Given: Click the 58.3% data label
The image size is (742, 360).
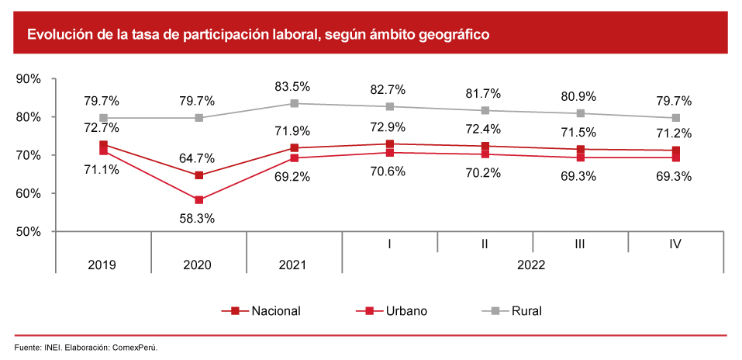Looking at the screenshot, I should [198, 219].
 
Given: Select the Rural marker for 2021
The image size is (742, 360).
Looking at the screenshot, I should [295, 103].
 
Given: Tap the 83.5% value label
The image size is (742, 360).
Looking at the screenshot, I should [295, 86].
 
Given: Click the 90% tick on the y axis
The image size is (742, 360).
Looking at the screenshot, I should [29, 79].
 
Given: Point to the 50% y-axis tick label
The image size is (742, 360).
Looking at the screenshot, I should [29, 231].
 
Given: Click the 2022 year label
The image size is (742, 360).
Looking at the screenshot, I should [532, 265].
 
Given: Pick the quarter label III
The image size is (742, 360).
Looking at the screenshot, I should [579, 244].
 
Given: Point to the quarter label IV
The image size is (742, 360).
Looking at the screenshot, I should [675, 244].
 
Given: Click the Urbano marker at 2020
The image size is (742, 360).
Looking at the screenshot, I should [199, 200].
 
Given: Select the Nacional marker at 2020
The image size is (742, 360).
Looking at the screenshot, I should [199, 175].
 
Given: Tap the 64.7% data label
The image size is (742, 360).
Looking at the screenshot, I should [198, 159].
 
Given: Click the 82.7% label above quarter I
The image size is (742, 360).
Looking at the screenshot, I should [389, 90].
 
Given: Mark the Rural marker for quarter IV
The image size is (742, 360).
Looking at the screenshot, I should [676, 118].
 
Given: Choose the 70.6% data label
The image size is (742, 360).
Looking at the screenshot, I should [390, 172].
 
